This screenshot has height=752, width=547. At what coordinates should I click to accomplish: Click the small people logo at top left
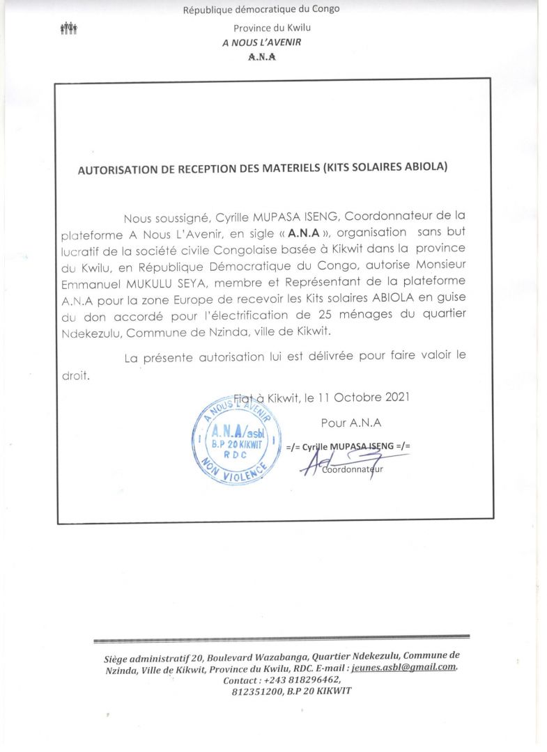click(69, 28)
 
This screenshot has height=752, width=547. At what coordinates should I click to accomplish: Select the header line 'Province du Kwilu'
click(272, 28)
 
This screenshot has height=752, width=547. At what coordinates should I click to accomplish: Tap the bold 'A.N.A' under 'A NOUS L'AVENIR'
click(262, 57)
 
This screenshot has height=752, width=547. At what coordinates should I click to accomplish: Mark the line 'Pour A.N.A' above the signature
click(351, 423)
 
